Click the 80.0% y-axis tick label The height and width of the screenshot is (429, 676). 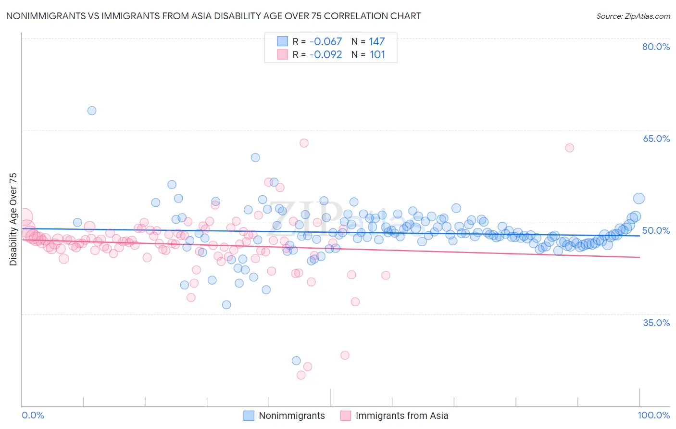(656, 47)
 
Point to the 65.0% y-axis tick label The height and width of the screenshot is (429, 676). (656, 139)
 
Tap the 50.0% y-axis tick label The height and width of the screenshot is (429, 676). (656, 230)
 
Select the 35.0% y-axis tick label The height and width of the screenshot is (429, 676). (656, 322)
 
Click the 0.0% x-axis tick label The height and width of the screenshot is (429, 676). (33, 415)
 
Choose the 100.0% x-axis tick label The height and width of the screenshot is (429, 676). (653, 415)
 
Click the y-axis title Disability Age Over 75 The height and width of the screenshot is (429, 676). (13, 219)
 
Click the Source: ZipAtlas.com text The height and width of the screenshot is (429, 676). (633, 16)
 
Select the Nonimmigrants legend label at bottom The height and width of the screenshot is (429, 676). (291, 416)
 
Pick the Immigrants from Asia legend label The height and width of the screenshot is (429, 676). (401, 416)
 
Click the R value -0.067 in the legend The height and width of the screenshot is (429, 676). (325, 41)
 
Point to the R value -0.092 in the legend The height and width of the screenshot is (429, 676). (325, 54)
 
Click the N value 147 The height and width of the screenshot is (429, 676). (377, 41)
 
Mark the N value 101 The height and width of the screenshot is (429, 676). (377, 54)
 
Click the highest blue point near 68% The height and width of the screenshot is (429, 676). (92, 111)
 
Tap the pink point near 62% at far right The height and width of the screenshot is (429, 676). (570, 148)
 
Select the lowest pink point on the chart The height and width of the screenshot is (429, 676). (301, 375)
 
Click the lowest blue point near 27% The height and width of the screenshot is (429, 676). (296, 361)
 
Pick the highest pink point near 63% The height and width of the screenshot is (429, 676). (304, 143)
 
